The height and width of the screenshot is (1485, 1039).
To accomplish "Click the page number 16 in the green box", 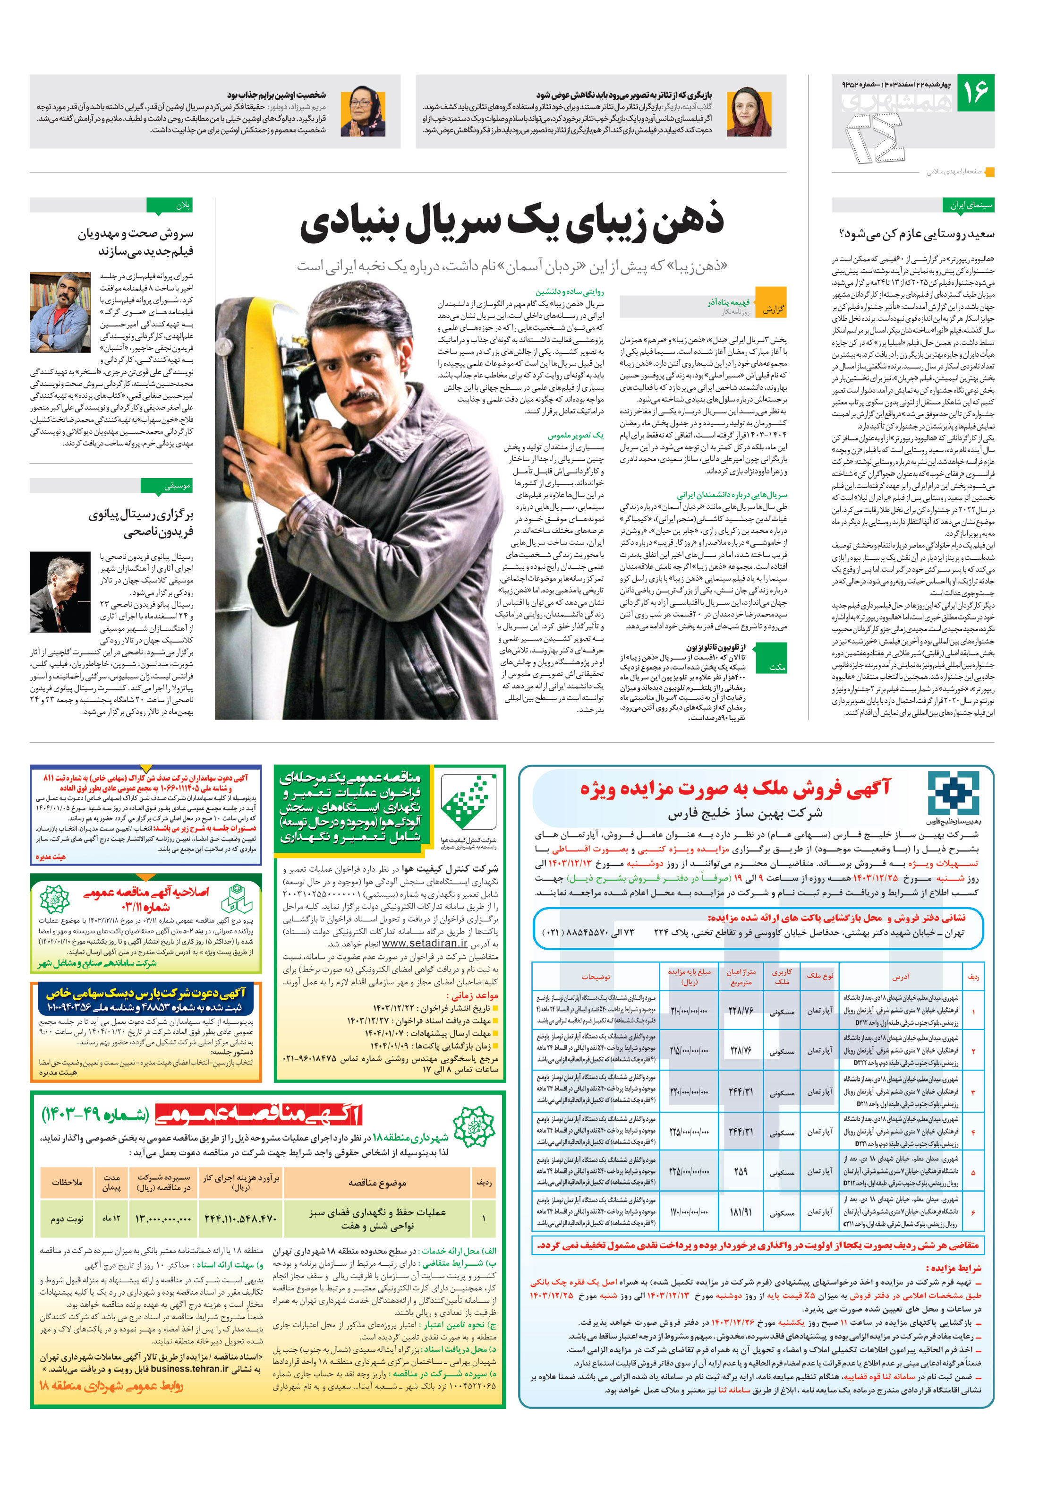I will point(975,93).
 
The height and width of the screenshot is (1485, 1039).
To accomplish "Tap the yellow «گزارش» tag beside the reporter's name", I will point(772,309).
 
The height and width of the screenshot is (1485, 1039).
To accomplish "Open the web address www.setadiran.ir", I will point(424,943).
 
